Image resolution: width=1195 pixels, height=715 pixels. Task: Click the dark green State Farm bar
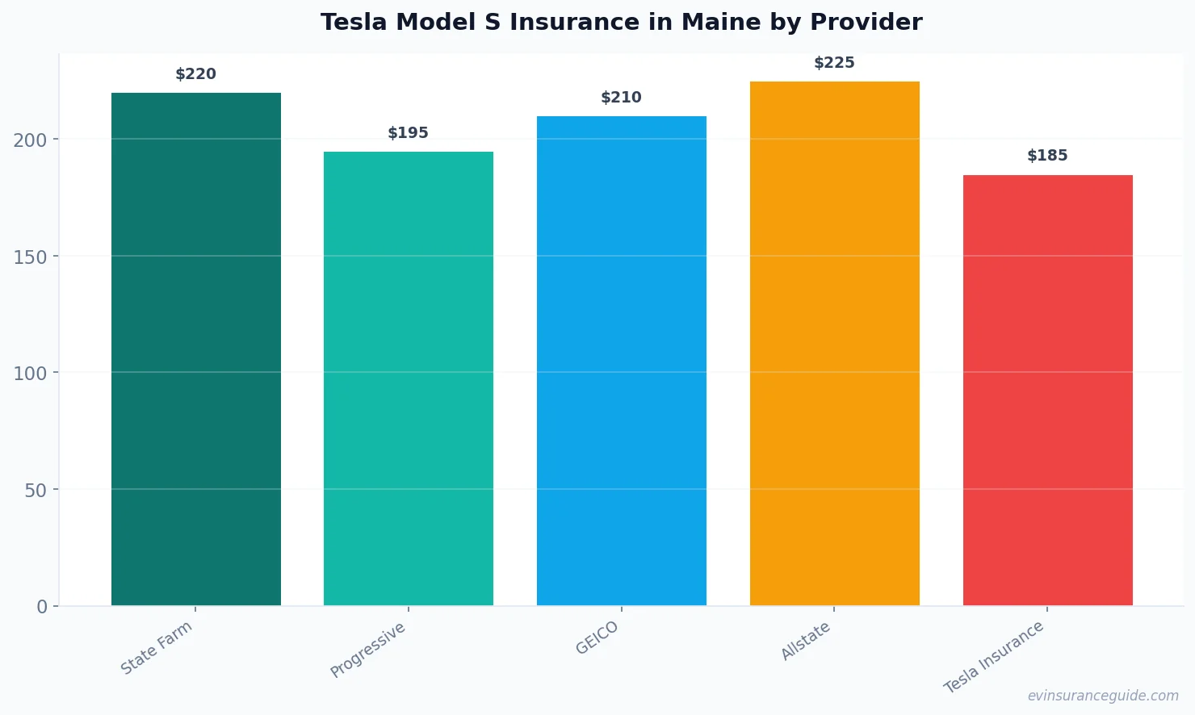196,349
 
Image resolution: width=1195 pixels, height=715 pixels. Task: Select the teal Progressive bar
409,378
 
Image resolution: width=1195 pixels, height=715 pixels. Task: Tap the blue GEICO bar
622,361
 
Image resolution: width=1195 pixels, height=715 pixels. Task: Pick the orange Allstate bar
834,343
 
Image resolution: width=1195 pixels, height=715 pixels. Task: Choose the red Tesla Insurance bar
1047,390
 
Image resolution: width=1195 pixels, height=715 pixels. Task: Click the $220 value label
196,74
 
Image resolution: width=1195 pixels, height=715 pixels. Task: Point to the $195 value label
409,133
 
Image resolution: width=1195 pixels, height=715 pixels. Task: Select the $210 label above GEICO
622,98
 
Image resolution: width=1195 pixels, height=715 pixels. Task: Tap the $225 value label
834,63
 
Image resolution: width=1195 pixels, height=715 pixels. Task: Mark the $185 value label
1047,156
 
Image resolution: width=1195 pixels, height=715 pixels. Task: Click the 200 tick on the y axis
30,140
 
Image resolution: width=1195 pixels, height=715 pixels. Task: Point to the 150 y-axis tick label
30,257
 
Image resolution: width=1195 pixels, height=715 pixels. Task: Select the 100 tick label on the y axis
30,374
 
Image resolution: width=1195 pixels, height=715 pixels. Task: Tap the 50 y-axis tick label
36,491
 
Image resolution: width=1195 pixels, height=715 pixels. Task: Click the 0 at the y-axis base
42,607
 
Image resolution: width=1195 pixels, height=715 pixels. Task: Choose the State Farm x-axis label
157,648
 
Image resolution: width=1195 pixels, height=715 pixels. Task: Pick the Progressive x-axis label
368,650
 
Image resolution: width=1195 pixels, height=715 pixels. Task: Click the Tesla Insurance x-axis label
994,657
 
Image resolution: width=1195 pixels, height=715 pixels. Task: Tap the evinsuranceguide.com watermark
1103,696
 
